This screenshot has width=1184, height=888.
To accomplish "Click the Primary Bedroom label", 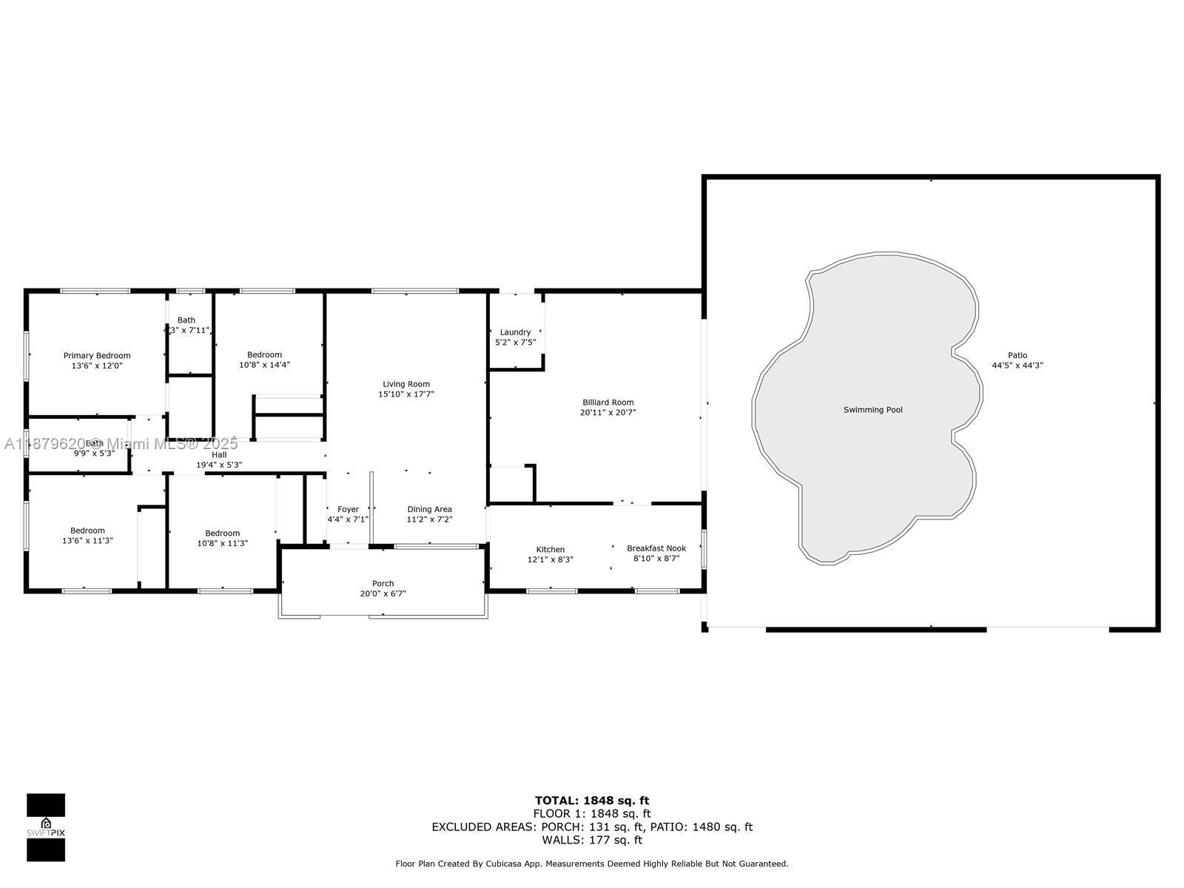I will [97, 356].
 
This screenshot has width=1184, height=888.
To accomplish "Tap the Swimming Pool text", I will [872, 410].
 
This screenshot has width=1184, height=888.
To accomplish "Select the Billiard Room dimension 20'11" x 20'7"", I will [608, 413].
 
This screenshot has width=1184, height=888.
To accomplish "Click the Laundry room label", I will [515, 332].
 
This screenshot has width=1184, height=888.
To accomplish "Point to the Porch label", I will [383, 583].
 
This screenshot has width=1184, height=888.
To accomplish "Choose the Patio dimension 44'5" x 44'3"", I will [1017, 366].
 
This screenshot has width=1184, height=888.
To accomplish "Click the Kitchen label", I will [550, 549].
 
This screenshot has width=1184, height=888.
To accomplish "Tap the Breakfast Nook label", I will [656, 548].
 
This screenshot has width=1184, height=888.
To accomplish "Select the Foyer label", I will [348, 509].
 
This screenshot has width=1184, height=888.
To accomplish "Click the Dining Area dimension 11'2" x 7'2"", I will [429, 519].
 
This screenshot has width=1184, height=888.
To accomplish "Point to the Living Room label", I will [406, 384].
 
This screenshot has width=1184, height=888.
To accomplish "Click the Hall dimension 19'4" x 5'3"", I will [219, 465].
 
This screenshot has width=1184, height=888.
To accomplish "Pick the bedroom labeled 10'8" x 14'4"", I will [264, 360].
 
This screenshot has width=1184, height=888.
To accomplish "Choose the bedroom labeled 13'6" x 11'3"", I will [87, 536].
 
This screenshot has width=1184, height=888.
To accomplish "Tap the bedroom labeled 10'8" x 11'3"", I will [222, 538].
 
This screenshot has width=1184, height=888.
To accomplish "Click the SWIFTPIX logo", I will [46, 827].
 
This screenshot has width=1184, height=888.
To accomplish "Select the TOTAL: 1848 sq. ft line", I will [592, 800].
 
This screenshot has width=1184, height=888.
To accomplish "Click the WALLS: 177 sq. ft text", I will [592, 840].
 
